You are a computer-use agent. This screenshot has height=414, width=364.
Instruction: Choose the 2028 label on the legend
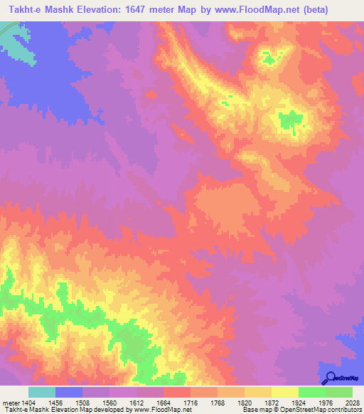[353, 402]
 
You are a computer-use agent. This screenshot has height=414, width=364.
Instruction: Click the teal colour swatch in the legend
[41, 392]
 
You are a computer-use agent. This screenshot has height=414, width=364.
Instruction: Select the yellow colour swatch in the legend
[284, 392]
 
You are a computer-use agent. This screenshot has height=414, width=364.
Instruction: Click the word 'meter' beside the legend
[9, 402]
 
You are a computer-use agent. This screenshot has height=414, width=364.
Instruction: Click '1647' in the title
[141, 9]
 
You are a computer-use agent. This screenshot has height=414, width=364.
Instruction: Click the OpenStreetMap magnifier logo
[329, 378]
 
